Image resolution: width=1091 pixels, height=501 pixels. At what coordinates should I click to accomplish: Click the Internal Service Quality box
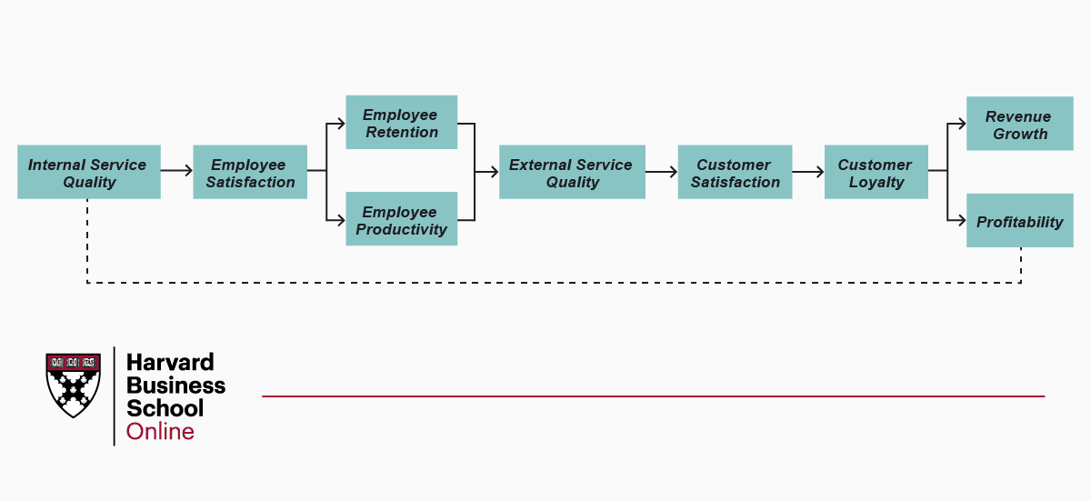point(89,172)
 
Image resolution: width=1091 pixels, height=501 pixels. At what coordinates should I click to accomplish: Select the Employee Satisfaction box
point(250,172)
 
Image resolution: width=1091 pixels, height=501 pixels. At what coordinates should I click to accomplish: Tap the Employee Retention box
point(401,123)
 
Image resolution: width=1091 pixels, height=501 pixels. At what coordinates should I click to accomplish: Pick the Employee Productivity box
point(401,219)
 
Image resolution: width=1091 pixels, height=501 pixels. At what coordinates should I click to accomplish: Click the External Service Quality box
point(572,172)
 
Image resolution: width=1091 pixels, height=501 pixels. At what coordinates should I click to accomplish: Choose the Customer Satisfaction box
point(735,172)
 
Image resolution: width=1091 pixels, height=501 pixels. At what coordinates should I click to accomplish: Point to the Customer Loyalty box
point(876,172)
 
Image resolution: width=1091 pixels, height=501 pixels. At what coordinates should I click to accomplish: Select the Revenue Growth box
point(1019,124)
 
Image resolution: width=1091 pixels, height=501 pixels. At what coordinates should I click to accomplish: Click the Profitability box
point(1019,221)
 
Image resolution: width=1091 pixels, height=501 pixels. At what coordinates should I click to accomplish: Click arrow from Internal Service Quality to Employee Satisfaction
point(176,171)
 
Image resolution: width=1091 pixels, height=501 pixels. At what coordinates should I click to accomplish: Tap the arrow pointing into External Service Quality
point(488,171)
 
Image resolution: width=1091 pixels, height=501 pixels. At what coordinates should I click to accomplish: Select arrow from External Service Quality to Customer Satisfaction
point(661,171)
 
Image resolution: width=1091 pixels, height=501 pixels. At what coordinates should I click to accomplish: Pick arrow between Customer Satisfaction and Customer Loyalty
point(807,171)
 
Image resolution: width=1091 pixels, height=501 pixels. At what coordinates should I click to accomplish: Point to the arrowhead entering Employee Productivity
point(340,219)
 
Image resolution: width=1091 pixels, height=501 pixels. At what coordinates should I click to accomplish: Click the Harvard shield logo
point(73,385)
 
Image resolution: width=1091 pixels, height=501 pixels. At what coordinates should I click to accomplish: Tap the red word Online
point(160,431)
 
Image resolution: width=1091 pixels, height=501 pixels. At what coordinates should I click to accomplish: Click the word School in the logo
point(165,408)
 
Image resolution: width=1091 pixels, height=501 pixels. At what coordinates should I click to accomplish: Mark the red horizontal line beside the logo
point(653,396)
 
